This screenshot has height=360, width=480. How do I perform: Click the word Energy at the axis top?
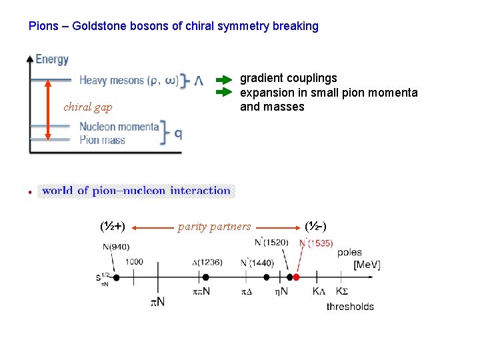click(x=52, y=59)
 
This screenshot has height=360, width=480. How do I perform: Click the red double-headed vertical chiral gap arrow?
click(x=48, y=110)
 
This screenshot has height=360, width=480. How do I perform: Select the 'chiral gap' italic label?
click(x=87, y=107)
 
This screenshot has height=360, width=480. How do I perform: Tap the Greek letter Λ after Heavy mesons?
click(x=199, y=81)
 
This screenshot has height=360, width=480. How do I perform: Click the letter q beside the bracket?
click(x=178, y=133)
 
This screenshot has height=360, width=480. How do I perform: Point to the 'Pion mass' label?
click(x=102, y=140)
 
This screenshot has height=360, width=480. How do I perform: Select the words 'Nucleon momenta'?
click(x=119, y=127)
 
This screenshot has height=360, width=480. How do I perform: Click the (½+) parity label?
click(x=113, y=227)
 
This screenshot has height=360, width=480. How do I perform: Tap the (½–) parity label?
click(x=315, y=227)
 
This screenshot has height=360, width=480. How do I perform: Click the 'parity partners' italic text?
click(x=214, y=227)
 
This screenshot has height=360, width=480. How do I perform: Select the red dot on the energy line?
click(x=297, y=277)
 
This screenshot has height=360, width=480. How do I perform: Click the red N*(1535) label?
click(x=316, y=243)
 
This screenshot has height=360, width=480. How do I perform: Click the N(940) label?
click(x=117, y=247)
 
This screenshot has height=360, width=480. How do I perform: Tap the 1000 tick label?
click(x=133, y=262)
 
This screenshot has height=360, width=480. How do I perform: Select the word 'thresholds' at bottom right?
click(x=350, y=307)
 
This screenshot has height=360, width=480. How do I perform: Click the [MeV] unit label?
click(x=367, y=265)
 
